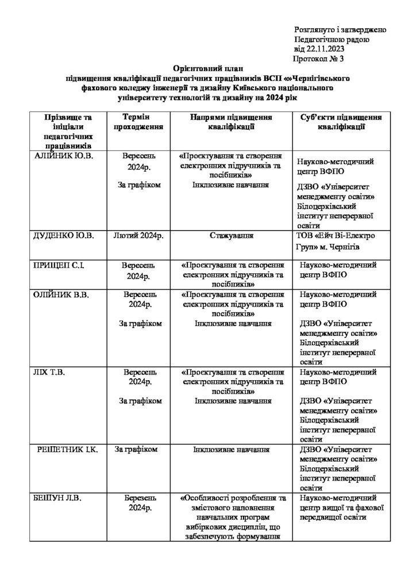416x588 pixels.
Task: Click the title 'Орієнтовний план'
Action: point(207,68)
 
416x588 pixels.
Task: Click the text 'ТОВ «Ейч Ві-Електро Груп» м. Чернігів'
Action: point(338,241)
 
